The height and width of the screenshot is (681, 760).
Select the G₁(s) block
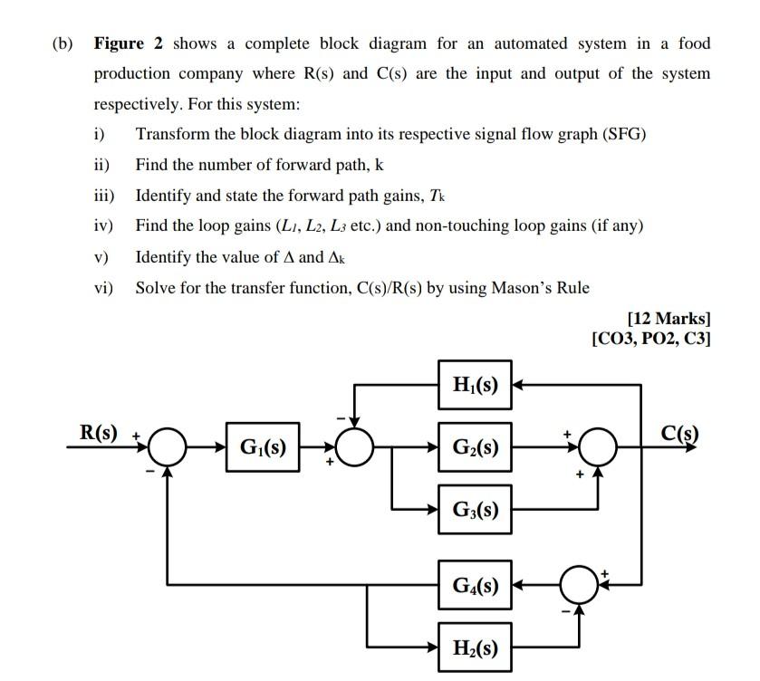tap(262, 446)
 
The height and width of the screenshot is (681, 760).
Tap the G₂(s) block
tap(476, 446)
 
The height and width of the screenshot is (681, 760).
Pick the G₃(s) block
tap(476, 510)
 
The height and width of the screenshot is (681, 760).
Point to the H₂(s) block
tap(476, 648)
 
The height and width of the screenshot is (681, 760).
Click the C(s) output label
tap(679, 432)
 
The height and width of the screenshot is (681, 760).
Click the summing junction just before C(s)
tap(598, 446)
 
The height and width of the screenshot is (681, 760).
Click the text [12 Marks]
tap(669, 319)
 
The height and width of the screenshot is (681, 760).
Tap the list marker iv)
tap(104, 225)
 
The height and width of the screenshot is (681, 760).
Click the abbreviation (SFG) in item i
tap(623, 134)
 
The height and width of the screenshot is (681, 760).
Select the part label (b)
tap(63, 43)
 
